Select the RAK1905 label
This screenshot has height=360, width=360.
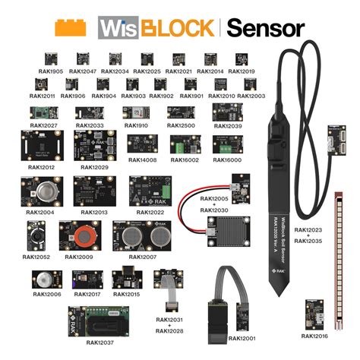point(50,71)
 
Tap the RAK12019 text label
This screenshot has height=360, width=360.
point(241,71)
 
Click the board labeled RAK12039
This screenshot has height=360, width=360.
point(227,113)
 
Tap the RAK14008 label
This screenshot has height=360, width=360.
point(142,160)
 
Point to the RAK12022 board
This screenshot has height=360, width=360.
point(145,192)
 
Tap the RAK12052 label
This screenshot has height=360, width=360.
point(36,257)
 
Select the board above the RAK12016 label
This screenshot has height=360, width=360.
point(313,311)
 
